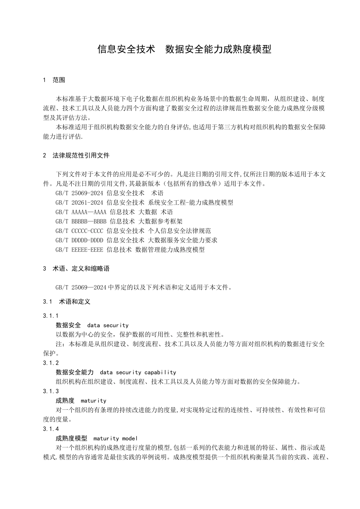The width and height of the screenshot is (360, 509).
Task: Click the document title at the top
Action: [184, 49]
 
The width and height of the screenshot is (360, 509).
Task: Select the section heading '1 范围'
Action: [54, 80]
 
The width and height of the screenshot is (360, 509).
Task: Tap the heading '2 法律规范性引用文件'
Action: [76, 155]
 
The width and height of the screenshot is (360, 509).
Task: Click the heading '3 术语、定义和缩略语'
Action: [76, 269]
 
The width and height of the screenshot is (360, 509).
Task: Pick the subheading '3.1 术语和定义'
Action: [67, 301]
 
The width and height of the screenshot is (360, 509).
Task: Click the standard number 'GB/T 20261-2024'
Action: [79, 203]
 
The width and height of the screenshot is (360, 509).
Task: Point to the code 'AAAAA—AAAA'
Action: [89, 212]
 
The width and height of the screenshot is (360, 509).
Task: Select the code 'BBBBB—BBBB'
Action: [89, 222]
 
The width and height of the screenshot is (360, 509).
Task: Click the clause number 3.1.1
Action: [51, 316]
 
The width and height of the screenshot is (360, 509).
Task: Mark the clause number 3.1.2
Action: [51, 363]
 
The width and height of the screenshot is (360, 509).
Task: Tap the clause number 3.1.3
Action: [51, 391]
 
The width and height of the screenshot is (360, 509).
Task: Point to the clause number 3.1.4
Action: [51, 429]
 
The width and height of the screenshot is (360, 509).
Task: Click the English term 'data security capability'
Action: [138, 372]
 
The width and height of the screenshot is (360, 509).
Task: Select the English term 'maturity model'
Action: [115, 439]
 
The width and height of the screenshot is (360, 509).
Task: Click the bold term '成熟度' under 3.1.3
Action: [65, 401]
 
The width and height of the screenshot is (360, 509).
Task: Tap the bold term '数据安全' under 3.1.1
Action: [68, 325]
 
